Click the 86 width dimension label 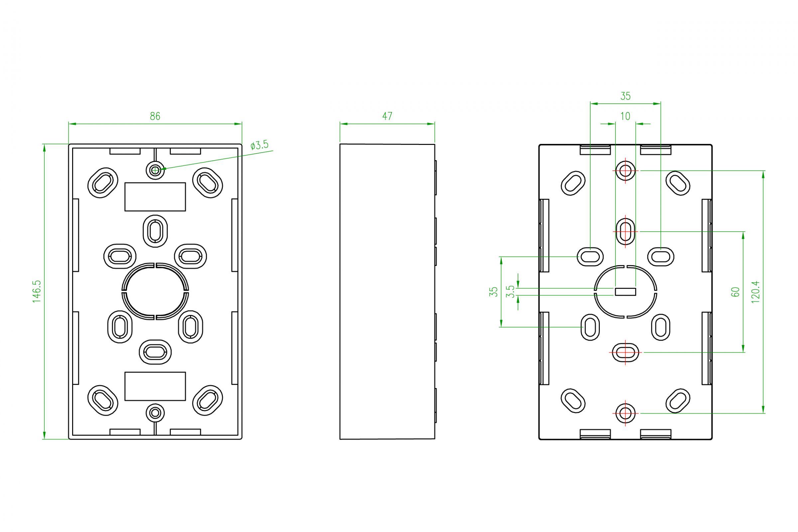[x=155, y=116]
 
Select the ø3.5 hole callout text [x=259, y=145]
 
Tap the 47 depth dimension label [x=387, y=116]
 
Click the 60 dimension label [x=735, y=292]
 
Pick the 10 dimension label [x=625, y=116]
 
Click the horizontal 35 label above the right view [x=625, y=96]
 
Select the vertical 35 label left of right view [x=493, y=292]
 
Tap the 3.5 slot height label [x=510, y=292]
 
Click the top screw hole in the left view [x=155, y=170]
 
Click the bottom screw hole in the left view [x=155, y=413]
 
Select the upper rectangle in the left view [x=155, y=197]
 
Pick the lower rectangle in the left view [x=155, y=386]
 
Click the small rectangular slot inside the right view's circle [x=625, y=292]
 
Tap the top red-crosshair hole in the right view [x=625, y=171]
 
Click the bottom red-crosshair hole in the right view [x=625, y=413]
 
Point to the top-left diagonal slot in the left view [x=103, y=182]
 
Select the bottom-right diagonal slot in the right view [x=678, y=400]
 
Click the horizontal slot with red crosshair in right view [x=625, y=352]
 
